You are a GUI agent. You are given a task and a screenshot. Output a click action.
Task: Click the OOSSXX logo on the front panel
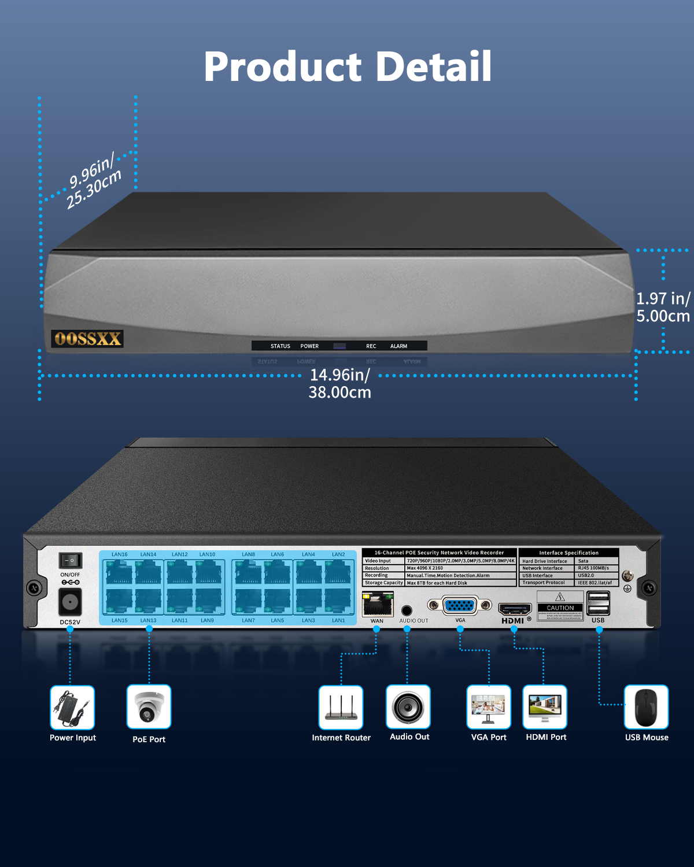(x=87, y=339)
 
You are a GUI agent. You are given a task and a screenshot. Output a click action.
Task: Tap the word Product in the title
(x=283, y=67)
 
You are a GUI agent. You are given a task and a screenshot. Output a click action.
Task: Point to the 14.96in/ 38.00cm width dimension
(x=339, y=384)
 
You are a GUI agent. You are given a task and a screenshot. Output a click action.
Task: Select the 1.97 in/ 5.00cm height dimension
(x=663, y=307)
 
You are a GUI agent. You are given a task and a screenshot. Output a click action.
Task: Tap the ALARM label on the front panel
(x=398, y=346)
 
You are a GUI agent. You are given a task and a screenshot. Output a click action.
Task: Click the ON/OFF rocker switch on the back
(x=70, y=560)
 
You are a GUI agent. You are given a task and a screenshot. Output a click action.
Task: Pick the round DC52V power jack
(x=70, y=603)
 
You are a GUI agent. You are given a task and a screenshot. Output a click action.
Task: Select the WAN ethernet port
(x=377, y=605)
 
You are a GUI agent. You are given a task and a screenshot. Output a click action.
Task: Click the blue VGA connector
(x=460, y=605)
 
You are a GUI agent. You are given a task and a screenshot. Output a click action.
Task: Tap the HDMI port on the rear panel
(x=514, y=609)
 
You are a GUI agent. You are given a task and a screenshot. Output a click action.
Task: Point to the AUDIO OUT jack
(x=407, y=610)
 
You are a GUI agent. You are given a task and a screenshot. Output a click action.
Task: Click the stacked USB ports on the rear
(x=598, y=604)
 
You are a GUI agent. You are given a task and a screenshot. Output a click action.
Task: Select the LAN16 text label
(x=120, y=554)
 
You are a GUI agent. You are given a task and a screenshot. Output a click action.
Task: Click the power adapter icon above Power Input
(x=72, y=707)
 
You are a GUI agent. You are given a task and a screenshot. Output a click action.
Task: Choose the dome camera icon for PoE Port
(x=149, y=707)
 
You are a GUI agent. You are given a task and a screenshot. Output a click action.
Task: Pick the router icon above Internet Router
(x=341, y=707)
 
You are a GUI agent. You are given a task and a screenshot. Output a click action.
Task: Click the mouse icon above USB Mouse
(x=646, y=707)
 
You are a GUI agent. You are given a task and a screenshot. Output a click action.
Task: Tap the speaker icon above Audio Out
(x=408, y=707)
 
